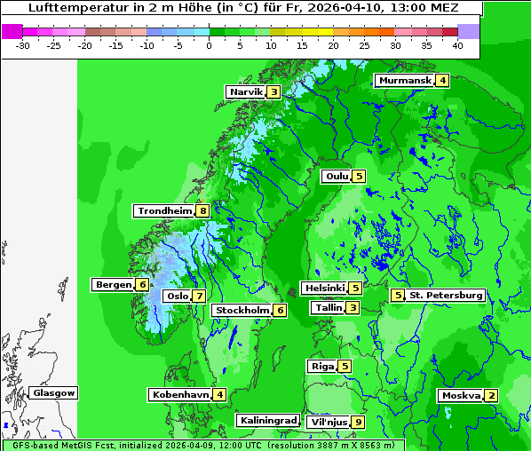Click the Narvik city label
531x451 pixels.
point(246,91)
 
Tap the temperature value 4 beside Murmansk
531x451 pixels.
point(442,81)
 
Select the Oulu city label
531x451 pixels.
point(337,176)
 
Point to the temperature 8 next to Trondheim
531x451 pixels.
point(203,211)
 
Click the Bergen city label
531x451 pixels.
point(113,285)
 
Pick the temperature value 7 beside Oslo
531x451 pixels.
point(199,297)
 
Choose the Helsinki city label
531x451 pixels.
point(324,288)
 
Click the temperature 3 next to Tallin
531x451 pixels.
point(353,308)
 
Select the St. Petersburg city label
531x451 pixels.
point(445,295)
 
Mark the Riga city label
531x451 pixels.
point(321,366)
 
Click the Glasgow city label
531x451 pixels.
point(54,393)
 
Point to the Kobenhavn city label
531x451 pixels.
point(180,394)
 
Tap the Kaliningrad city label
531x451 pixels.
point(267,420)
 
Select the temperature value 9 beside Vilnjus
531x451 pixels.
point(358,422)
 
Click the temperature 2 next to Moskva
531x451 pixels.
point(491,396)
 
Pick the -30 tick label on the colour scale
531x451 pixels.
point(23,45)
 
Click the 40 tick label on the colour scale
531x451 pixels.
point(456,45)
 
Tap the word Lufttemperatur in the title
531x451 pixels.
point(69,8)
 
